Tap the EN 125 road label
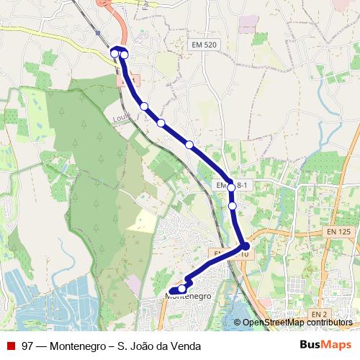click(x=338, y=231)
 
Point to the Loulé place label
click(x=123, y=114)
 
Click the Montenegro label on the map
click(x=188, y=296)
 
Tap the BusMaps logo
click(x=325, y=345)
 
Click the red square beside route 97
click(x=10, y=345)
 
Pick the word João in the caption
click(x=142, y=345)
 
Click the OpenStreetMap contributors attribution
click(x=297, y=322)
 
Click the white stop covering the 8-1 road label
click(x=231, y=186)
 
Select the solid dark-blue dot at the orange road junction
click(x=246, y=246)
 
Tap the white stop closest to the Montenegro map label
click(x=181, y=289)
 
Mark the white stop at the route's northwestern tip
click(x=114, y=53)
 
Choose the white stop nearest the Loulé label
click(x=144, y=107)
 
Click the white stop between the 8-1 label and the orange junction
click(x=233, y=206)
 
